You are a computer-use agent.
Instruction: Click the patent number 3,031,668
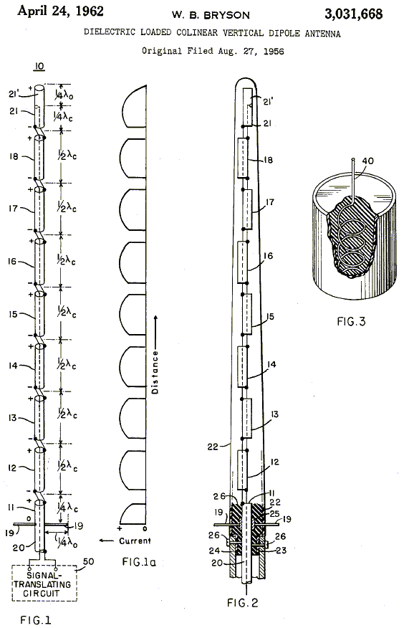[353, 14]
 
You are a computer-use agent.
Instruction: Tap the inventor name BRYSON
[226, 16]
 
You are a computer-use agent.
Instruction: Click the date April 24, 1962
[60, 11]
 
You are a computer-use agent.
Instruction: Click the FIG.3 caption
[351, 322]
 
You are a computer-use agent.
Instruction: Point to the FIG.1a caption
[139, 562]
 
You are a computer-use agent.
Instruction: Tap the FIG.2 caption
[243, 602]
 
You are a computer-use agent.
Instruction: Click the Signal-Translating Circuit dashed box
[44, 583]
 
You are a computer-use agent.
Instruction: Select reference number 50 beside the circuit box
[88, 561]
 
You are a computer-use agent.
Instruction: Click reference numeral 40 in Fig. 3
[367, 161]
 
